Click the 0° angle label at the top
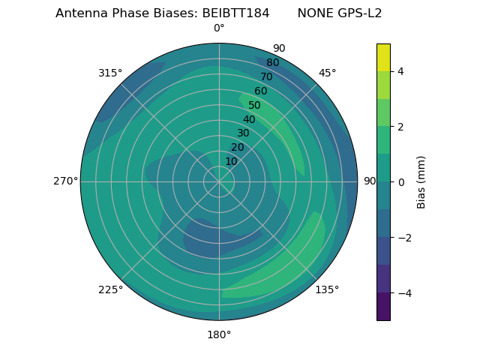219,28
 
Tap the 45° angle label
327,73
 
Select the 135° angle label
327,289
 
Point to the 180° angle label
219,334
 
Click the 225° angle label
110,289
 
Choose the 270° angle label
65,181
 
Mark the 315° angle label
110,73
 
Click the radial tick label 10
231,161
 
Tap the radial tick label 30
243,133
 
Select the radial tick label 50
254,106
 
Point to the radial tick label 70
266,77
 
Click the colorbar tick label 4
400,71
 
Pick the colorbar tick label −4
403,293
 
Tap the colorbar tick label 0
400,182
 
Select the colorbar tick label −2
403,238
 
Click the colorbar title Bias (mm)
421,182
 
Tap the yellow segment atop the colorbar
383,57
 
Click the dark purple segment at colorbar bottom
383,307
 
